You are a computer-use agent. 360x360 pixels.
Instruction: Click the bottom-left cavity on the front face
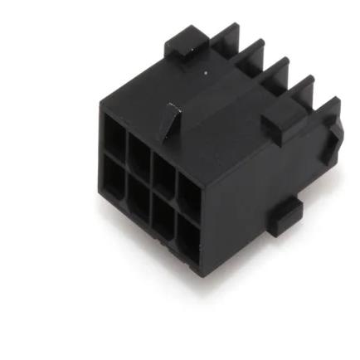112,175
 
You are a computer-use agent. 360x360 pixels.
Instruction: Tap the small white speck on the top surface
206,73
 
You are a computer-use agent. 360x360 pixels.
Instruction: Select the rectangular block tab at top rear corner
185,43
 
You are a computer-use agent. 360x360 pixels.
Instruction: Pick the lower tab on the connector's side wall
285,217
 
